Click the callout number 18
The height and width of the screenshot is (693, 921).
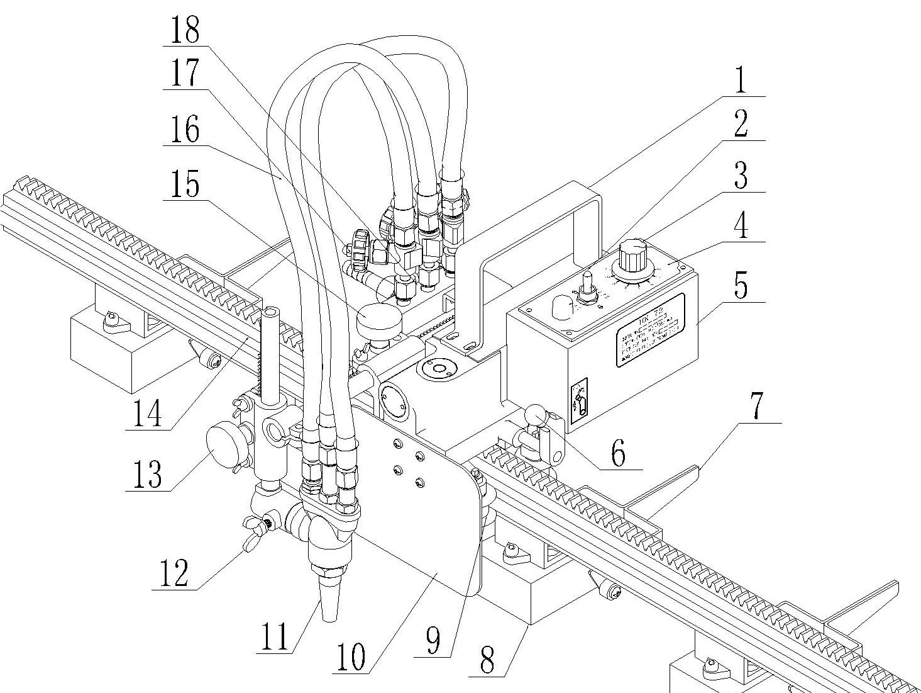pyautogui.click(x=184, y=29)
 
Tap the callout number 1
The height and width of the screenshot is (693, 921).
pyautogui.click(x=742, y=80)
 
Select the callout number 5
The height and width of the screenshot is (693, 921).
pyautogui.click(x=742, y=286)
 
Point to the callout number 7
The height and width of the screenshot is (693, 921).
pyautogui.click(x=758, y=406)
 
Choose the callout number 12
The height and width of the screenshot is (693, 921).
pyautogui.click(x=174, y=573)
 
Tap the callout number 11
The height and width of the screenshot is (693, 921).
pyautogui.click(x=275, y=636)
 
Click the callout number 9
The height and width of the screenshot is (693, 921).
pyautogui.click(x=433, y=641)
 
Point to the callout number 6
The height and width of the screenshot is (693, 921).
pyautogui.click(x=619, y=453)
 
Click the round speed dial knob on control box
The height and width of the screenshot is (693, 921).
pyautogui.click(x=628, y=257)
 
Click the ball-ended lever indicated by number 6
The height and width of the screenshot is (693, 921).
pyautogui.click(x=535, y=416)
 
